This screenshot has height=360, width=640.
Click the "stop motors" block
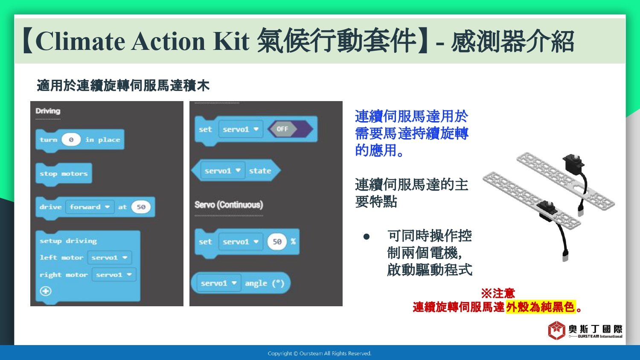coord(64,174)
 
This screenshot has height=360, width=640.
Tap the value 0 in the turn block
coord(71,140)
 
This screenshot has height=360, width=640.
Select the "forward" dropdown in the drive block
coord(90,207)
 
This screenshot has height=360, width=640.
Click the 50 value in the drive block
coord(141,207)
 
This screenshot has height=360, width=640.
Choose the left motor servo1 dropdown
coord(109,258)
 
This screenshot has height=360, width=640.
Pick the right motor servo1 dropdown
coord(114,275)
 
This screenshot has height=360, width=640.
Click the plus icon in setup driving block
coord(46,291)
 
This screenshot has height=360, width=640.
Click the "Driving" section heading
coord(48,111)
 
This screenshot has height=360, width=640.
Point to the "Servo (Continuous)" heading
coord(229,205)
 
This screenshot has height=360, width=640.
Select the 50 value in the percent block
coord(277,242)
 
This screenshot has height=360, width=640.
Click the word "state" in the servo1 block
coord(260,171)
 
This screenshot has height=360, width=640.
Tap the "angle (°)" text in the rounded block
coord(265,283)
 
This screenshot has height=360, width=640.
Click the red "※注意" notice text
coord(498,293)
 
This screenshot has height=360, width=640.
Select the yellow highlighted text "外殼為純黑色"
coord(541,307)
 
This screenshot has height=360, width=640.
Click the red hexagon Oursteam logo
coord(556,331)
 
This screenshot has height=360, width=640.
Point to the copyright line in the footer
coord(320,354)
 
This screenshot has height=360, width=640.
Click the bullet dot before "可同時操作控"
coord(367,237)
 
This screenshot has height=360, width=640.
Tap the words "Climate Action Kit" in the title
coord(143,41)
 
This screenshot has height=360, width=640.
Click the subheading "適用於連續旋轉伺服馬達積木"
coord(123,85)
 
